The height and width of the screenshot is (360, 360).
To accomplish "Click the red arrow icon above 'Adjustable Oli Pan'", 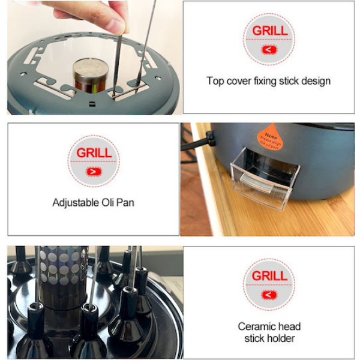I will (x=93, y=171).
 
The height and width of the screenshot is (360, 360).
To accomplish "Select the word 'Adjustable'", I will (x=76, y=202).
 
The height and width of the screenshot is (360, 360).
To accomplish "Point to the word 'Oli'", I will (x=108, y=202).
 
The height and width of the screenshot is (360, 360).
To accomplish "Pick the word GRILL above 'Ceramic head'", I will (x=269, y=276).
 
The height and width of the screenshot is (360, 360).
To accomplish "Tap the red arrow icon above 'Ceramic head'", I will (x=269, y=295).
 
